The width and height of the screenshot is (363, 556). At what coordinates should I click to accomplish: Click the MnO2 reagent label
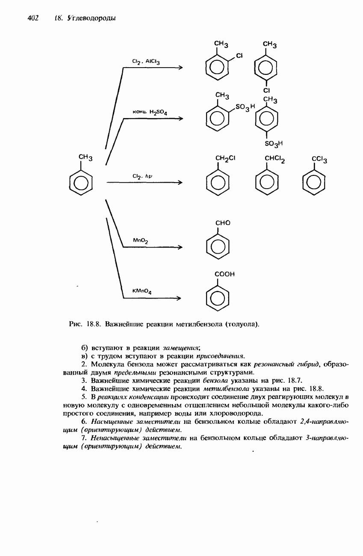point(141,241)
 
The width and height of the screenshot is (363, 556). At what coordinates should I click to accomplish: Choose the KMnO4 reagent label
point(142,292)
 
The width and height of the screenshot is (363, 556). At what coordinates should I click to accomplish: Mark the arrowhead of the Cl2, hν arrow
point(180,183)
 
